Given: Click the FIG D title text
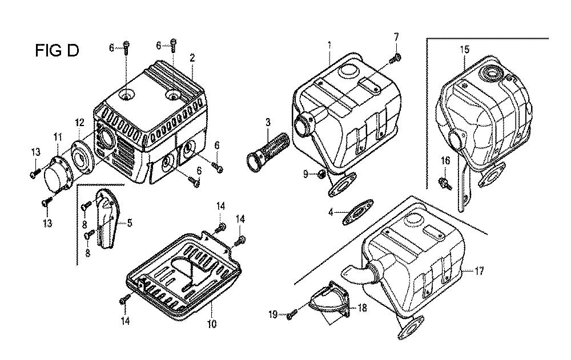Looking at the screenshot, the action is click(x=57, y=50).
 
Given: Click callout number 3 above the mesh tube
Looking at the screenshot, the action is click(x=268, y=122).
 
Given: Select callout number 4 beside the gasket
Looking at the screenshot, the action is click(x=331, y=212).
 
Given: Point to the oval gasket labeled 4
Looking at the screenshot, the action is click(x=358, y=211).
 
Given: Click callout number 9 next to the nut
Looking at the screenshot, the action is click(x=306, y=175).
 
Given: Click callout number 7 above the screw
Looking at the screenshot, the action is click(x=396, y=37).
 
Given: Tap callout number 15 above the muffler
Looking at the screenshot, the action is click(x=465, y=50).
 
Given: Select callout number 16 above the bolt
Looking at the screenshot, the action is click(x=446, y=160).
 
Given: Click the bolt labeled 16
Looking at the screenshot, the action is click(x=445, y=183).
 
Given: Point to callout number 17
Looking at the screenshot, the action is click(x=479, y=271).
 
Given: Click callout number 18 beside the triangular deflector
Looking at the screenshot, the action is click(x=362, y=308).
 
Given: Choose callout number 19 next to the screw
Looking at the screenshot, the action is click(x=273, y=314).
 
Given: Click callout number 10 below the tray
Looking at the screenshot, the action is click(x=212, y=323).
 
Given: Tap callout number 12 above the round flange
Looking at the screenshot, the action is click(x=80, y=123).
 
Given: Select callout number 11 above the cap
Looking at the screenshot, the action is click(x=58, y=137).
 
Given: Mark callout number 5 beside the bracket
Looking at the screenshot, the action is click(x=130, y=223).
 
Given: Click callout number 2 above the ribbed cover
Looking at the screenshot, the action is click(x=192, y=58).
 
